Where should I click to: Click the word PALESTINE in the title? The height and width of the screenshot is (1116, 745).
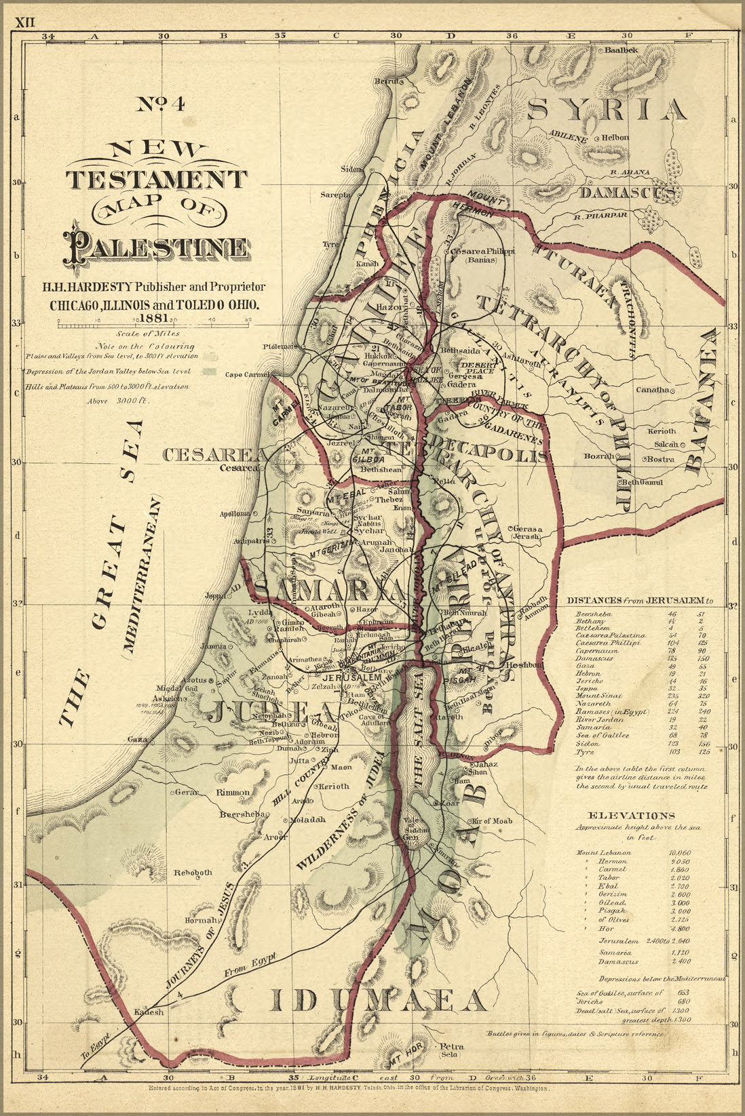(x=156, y=248)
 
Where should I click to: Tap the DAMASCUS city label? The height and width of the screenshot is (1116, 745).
(x=627, y=193)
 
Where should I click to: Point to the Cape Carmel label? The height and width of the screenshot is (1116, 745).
(x=248, y=374)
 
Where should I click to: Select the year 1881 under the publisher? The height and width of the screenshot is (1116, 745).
(x=155, y=317)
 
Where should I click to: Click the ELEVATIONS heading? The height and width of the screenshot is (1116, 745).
(x=631, y=816)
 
